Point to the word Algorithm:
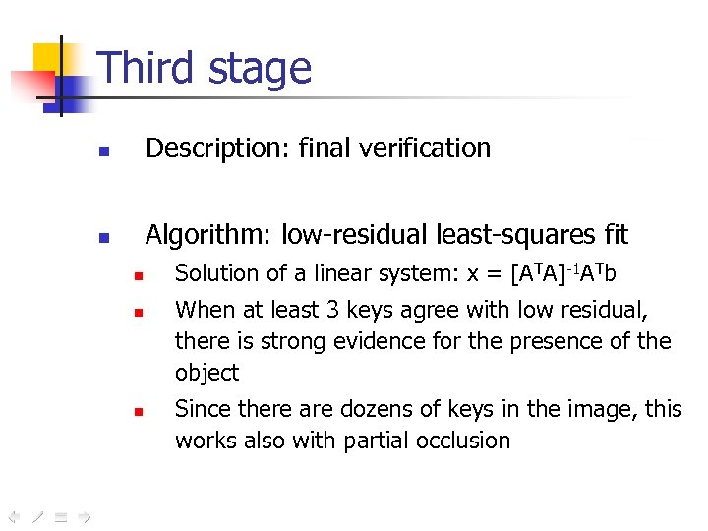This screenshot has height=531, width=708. pyautogui.click(x=209, y=235)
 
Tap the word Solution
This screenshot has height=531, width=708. pyautogui.click(x=212, y=273)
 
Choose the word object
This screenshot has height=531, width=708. pyautogui.click(x=206, y=374)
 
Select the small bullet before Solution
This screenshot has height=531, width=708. pyautogui.click(x=140, y=276)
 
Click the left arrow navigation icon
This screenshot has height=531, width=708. pyautogui.click(x=14, y=515)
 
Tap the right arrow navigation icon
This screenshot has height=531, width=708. pyautogui.click(x=85, y=515)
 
